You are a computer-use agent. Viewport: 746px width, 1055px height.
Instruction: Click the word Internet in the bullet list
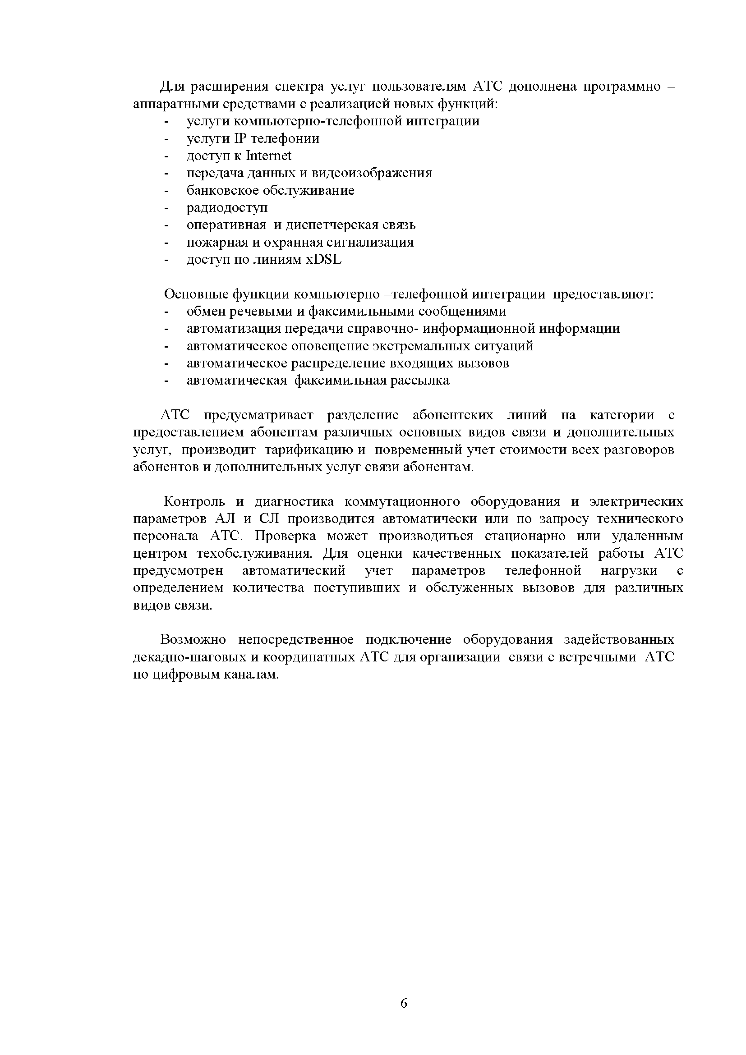point(269,156)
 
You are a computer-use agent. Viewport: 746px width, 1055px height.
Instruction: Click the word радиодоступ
point(227,208)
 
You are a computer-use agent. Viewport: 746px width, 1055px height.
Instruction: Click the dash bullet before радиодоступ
point(166,208)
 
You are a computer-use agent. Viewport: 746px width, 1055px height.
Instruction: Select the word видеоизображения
point(372,173)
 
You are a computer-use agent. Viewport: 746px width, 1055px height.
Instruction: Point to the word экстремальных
point(423,345)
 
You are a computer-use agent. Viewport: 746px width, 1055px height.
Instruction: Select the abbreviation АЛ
point(224,519)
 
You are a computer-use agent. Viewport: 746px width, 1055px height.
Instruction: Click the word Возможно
point(193,640)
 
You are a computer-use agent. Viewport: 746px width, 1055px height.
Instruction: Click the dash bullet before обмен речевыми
point(166,312)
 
